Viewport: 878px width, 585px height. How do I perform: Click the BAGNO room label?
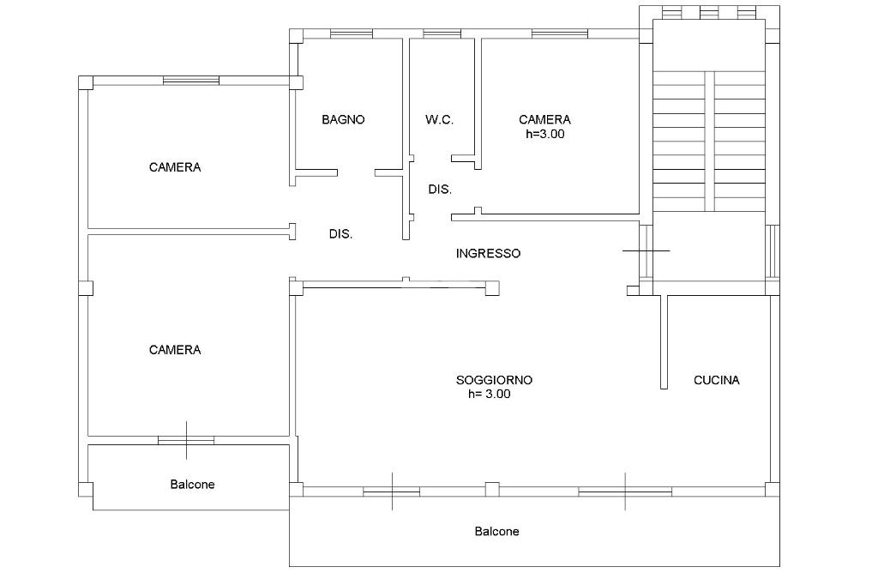click(x=343, y=119)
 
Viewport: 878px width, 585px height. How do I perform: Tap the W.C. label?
click(x=439, y=119)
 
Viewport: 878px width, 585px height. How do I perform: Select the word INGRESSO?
click(x=488, y=253)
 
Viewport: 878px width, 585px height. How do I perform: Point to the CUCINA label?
click(x=716, y=380)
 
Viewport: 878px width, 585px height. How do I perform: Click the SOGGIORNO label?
click(x=494, y=380)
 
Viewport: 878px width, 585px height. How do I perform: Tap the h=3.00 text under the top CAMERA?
click(x=544, y=134)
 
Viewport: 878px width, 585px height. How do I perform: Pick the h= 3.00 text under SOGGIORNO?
click(x=490, y=394)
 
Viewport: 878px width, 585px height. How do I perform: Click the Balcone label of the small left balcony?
click(x=192, y=484)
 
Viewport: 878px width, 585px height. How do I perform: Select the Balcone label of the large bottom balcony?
click(x=496, y=531)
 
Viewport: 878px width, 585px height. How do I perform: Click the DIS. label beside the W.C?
click(x=440, y=190)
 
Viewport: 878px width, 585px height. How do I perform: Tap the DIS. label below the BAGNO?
click(x=340, y=234)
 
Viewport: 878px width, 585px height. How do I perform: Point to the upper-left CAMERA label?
click(x=175, y=167)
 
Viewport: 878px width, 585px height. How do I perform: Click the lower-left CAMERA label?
click(x=175, y=350)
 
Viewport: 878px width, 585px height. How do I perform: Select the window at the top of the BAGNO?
click(x=351, y=33)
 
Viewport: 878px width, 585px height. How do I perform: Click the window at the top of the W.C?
click(x=442, y=33)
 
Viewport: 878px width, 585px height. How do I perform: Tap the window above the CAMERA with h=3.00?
click(x=559, y=33)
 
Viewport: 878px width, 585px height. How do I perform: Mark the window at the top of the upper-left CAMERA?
click(x=191, y=81)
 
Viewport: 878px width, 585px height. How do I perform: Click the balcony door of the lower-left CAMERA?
click(x=186, y=440)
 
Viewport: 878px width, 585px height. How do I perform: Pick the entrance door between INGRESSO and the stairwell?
click(x=646, y=250)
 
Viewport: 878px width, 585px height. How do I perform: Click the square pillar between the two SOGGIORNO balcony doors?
click(x=491, y=489)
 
